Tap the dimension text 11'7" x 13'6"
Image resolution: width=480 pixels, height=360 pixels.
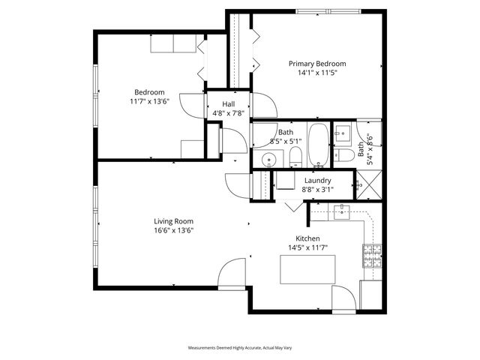(149, 101)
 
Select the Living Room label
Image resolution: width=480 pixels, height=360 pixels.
(174, 221)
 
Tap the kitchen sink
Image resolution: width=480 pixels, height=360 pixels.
(343, 212)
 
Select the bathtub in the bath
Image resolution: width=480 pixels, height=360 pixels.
(317, 145)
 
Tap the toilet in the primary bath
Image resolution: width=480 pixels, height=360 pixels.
(345, 155)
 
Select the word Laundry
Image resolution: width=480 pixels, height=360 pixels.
(318, 181)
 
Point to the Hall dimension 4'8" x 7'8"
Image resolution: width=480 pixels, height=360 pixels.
(227, 114)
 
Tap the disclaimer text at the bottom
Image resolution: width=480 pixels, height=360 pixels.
(239, 348)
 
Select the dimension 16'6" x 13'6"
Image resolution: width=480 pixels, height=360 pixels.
(174, 230)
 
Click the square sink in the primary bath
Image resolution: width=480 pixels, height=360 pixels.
(343, 134)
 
